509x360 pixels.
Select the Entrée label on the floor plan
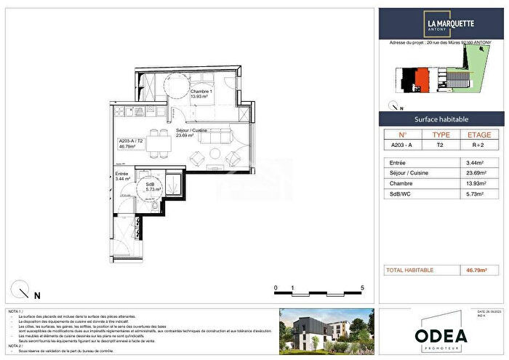click(x=122, y=175)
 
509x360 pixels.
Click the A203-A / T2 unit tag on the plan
click(x=131, y=143)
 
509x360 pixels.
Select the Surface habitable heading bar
click(x=441, y=119)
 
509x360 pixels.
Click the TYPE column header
click(x=441, y=135)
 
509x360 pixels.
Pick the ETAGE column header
click(x=478, y=135)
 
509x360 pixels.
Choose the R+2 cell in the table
click(x=478, y=145)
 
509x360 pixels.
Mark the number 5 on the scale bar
click(x=362, y=289)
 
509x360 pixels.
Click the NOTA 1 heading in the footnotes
click(x=15, y=311)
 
